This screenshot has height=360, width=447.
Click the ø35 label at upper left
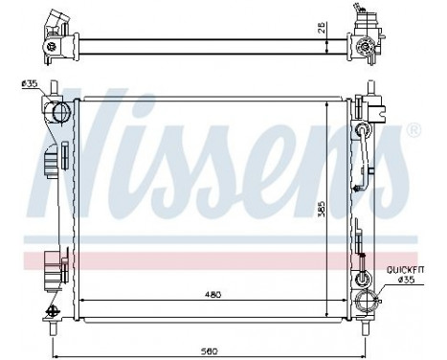tap(28, 85)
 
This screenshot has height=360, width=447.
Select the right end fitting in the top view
tap(364, 38)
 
